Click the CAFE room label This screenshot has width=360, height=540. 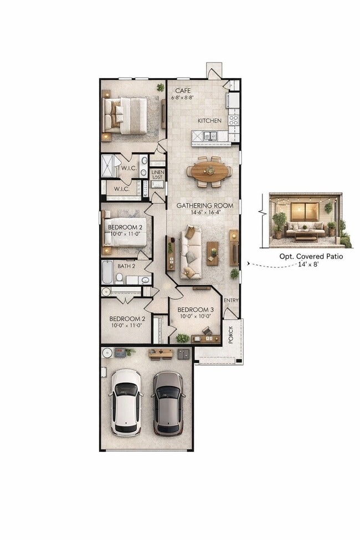click(183, 90)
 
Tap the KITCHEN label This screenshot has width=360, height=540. click(210, 120)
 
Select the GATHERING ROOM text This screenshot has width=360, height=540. click(204, 205)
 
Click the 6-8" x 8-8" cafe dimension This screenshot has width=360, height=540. click(184, 97)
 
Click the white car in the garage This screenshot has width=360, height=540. click(126, 402)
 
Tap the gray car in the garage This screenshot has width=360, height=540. click(169, 403)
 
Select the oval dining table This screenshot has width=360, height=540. click(209, 171)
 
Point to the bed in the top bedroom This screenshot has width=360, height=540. click(125, 116)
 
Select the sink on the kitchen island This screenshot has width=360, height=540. click(210, 136)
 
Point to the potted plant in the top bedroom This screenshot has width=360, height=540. click(161, 87)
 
